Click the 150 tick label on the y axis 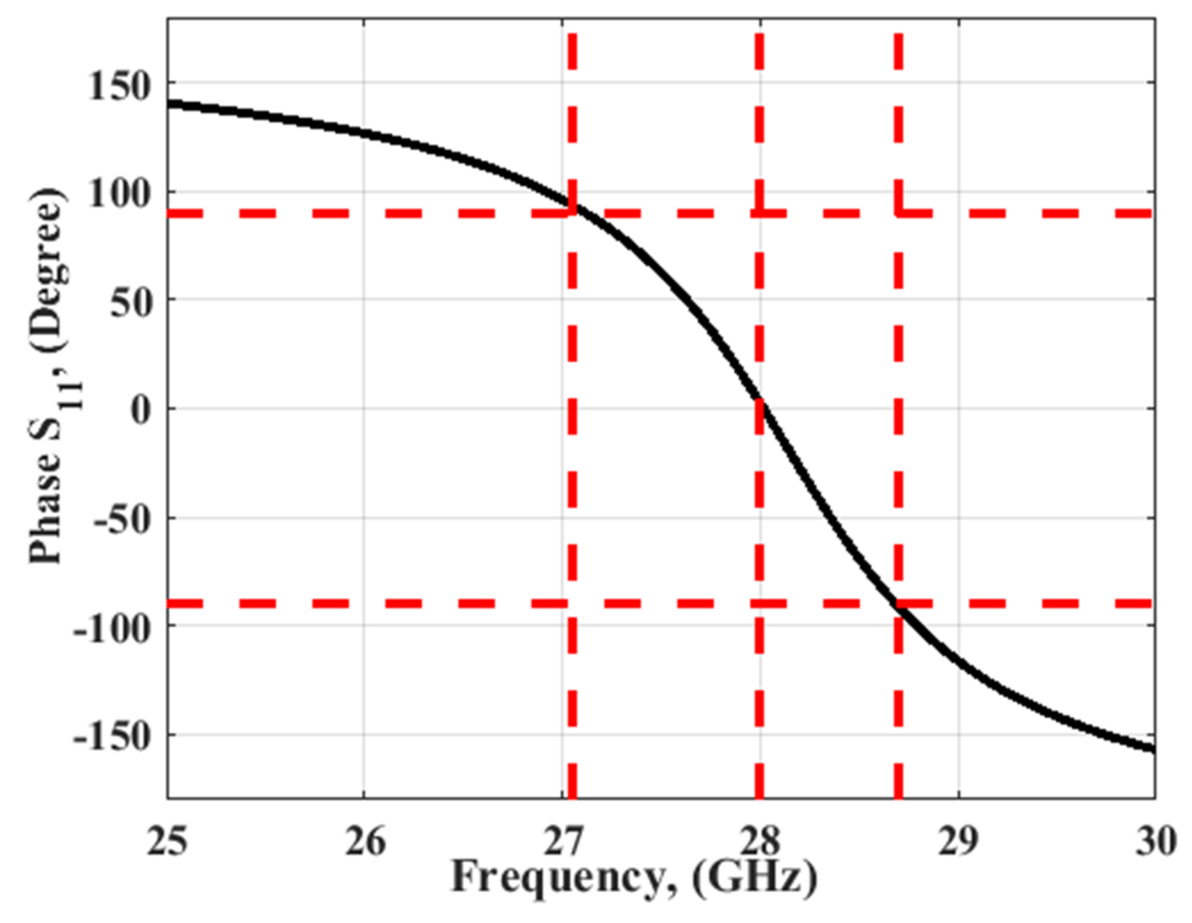[119, 87]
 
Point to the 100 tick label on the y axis [119, 194]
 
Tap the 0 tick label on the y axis [141, 411]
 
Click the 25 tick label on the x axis [167, 842]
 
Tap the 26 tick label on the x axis [364, 842]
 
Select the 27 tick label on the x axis [563, 842]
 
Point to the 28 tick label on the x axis [761, 842]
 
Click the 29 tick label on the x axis [958, 842]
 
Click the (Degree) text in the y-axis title [49, 270]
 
